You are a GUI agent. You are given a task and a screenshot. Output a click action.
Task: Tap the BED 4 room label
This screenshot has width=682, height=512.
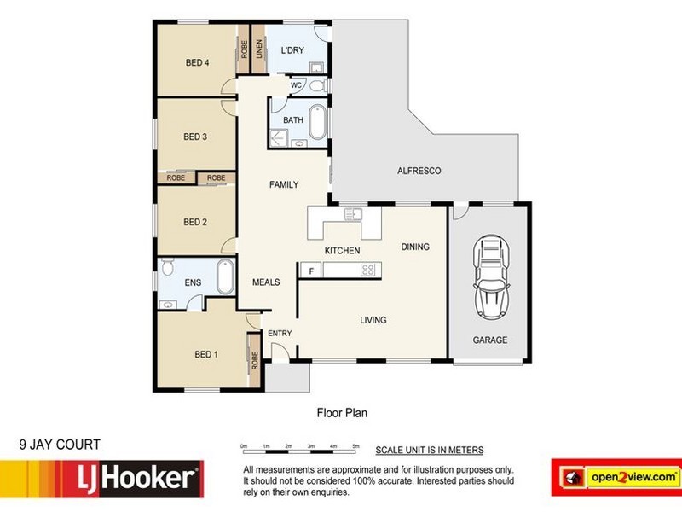click(x=198, y=61)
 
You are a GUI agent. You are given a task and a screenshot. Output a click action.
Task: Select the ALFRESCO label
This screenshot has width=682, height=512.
click(x=419, y=172)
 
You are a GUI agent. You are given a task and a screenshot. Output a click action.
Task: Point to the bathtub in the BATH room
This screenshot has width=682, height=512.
click(x=317, y=122)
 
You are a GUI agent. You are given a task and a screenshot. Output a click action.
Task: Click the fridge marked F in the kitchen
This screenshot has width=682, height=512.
click(x=312, y=271)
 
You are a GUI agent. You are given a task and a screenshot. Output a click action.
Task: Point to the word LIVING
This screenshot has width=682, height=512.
click(x=373, y=321)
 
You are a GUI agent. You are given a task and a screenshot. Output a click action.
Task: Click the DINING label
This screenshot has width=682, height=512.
click(x=415, y=247)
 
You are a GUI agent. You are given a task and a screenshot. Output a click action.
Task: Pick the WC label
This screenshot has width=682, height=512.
click(x=297, y=85)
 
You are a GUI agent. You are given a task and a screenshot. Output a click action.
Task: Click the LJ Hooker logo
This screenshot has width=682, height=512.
click(x=102, y=479)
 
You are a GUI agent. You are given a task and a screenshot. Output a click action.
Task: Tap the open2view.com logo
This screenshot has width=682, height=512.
click(x=616, y=475)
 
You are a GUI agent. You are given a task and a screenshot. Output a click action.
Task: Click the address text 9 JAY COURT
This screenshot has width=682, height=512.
click(x=60, y=444)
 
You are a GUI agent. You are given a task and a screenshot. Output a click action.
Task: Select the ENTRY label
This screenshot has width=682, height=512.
click(x=280, y=333)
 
